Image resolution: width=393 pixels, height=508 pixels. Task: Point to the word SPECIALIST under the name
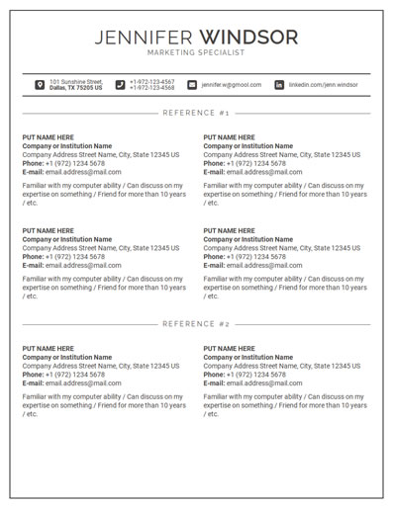[x=223, y=52]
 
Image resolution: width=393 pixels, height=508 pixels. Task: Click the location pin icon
[x=40, y=85]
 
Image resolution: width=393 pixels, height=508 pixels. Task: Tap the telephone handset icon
[x=120, y=85]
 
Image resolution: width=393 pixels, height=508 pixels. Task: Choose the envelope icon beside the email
[x=192, y=85]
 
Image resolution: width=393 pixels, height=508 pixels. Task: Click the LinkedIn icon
[x=278, y=85]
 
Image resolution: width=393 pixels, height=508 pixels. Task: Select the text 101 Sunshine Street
[x=76, y=82]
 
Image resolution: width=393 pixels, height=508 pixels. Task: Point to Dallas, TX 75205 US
[x=75, y=88]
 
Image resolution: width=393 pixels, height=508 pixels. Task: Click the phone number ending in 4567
[x=151, y=82]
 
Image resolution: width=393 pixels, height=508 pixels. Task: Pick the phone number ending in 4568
[x=151, y=88]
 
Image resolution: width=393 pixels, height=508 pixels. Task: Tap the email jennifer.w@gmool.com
[x=232, y=85]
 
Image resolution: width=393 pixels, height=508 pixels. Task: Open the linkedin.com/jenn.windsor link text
[x=324, y=85]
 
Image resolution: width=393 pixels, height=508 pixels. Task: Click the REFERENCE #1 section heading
[x=196, y=113]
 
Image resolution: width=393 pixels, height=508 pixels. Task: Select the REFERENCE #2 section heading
[x=196, y=323]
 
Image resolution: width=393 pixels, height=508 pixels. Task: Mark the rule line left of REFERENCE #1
[x=89, y=113]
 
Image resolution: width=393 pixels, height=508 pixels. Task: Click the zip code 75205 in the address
[x=86, y=88]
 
